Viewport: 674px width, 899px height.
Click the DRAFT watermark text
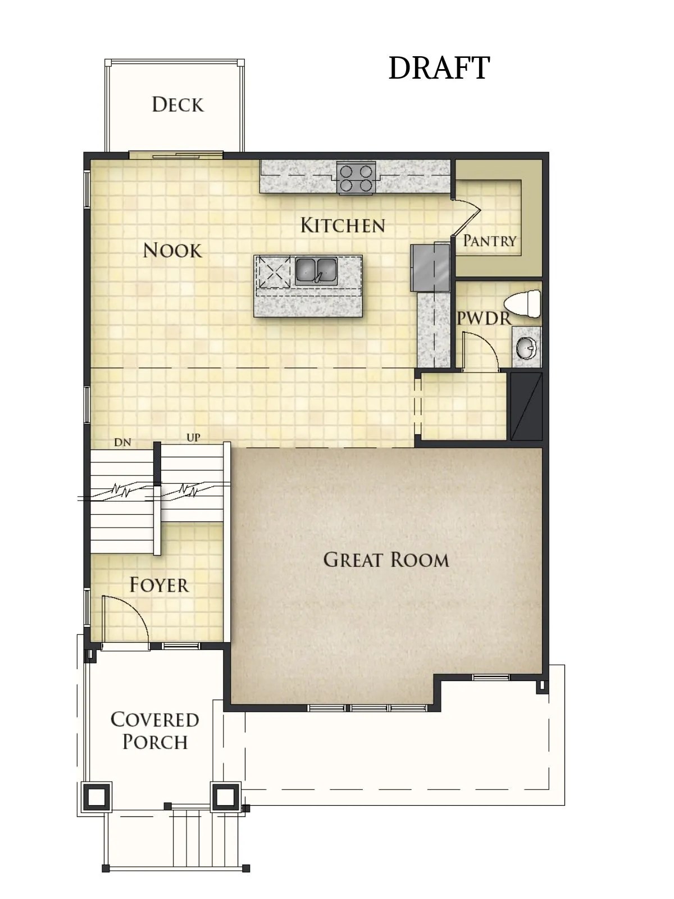tap(439, 68)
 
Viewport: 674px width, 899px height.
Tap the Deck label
tap(177, 105)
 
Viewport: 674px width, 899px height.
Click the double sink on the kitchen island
tap(316, 270)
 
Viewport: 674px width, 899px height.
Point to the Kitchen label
tap(343, 225)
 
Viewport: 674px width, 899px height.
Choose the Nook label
tap(172, 250)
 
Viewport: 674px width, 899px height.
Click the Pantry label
tap(489, 240)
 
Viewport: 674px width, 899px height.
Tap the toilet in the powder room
tap(523, 304)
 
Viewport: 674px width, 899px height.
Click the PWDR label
tap(483, 319)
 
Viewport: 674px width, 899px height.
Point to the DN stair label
tap(122, 442)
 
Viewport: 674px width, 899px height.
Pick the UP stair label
tap(193, 437)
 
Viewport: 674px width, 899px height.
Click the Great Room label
tap(386, 560)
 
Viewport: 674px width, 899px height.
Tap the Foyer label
tap(159, 585)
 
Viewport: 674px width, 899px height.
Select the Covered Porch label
tap(154, 730)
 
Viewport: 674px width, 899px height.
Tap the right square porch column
tap(225, 796)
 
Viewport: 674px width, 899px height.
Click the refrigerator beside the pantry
tap(430, 267)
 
